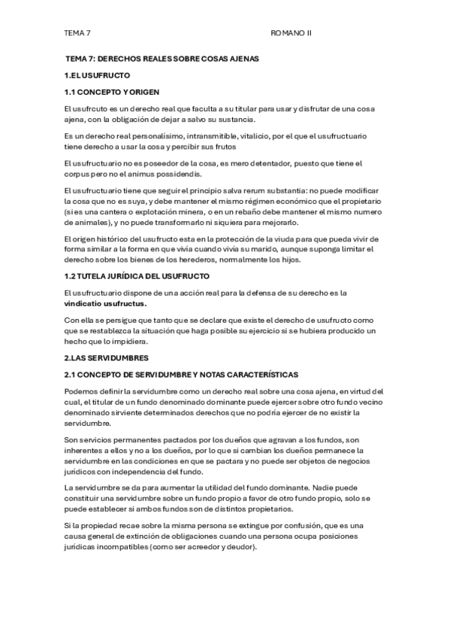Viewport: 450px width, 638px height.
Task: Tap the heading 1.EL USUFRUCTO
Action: [x=98, y=75]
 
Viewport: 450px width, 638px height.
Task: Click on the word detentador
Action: [x=253, y=163]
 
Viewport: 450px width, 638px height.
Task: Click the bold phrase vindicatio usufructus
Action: [x=105, y=303]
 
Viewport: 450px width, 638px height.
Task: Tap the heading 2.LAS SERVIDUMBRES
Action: [x=106, y=357]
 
